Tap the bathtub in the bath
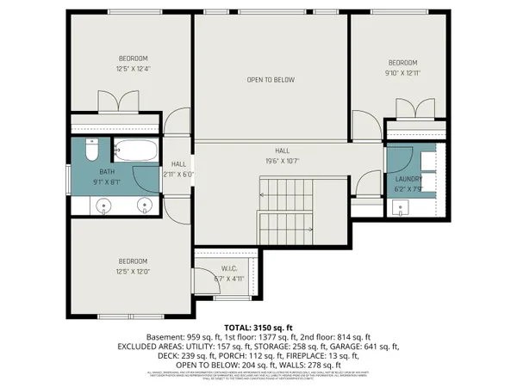(136, 151)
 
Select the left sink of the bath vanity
(105, 206)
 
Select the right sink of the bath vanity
(143, 206)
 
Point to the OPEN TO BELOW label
(271, 80)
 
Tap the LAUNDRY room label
(408, 180)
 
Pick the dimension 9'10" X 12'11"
(402, 74)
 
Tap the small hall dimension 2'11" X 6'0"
(178, 175)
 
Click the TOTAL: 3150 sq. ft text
(258, 327)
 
